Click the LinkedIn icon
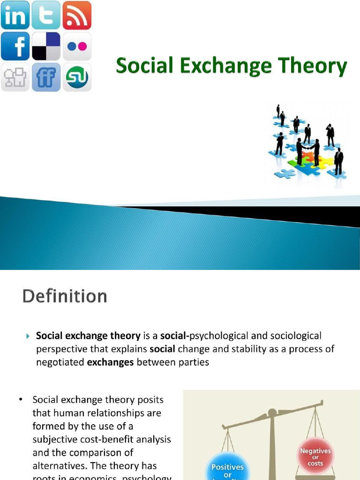(15, 15)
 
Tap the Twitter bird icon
(46, 15)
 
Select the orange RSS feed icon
(77, 15)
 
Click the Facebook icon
(15, 46)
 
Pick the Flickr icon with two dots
(77, 46)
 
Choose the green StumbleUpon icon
(77, 77)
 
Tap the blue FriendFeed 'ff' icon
(46, 77)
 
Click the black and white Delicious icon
(46, 46)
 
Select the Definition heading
(65, 296)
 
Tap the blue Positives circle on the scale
(227, 469)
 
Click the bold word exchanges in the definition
(111, 362)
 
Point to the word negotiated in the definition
(60, 362)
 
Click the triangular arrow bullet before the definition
(28, 336)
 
